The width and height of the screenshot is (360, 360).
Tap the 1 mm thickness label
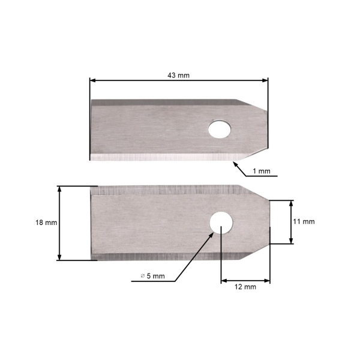pyautogui.click(x=261, y=171)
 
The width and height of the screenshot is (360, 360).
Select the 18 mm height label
pyautogui.click(x=46, y=222)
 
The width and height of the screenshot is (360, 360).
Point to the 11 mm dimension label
pyautogui.click(x=304, y=221)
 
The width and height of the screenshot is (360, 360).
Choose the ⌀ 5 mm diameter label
pyautogui.click(x=151, y=275)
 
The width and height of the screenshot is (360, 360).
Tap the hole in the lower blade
pyautogui.click(x=221, y=221)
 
